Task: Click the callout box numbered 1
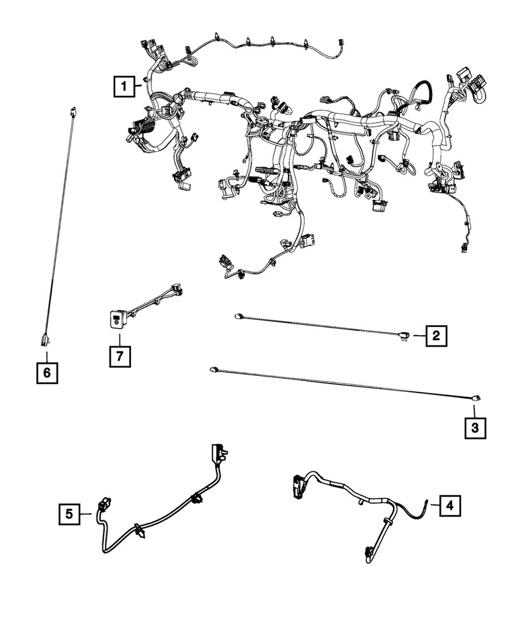click(125, 85)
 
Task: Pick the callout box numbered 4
click(450, 506)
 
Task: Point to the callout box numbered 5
click(70, 513)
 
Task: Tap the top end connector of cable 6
click(74, 112)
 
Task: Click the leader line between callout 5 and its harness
click(88, 513)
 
